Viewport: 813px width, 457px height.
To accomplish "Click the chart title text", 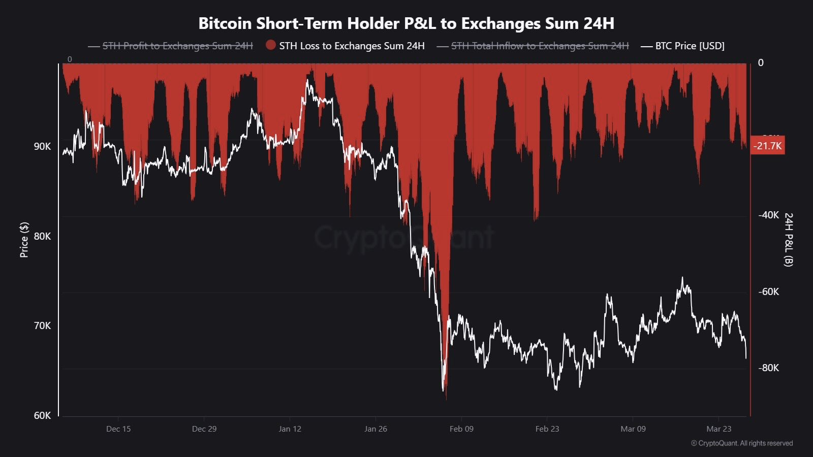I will [x=406, y=23].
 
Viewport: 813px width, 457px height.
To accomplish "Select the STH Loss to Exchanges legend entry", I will [x=352, y=46].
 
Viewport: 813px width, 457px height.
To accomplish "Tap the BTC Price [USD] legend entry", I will [x=690, y=46].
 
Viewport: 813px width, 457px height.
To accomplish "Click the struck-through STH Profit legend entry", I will [x=177, y=46].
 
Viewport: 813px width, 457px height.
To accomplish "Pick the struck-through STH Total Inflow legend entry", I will [x=540, y=46].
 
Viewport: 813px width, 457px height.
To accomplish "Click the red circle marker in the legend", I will [x=271, y=45].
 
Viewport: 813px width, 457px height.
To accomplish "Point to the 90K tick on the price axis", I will [x=43, y=146].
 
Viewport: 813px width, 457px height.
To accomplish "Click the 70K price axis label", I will [x=43, y=325].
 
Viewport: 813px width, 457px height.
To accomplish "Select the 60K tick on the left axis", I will [x=43, y=415].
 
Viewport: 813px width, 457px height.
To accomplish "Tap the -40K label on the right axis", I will [x=768, y=215].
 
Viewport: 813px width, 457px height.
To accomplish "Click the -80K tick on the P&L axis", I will [x=768, y=368].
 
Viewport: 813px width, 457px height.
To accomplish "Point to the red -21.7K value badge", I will [x=768, y=146].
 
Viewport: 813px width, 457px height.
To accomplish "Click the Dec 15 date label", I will [x=118, y=429].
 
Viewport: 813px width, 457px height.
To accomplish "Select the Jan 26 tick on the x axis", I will [x=376, y=429].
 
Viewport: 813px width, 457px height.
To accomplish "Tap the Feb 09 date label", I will [x=461, y=429].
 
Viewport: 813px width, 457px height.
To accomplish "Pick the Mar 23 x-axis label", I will [x=718, y=429].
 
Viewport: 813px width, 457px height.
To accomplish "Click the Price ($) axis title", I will [x=24, y=240].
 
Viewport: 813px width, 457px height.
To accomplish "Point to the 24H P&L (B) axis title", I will [x=789, y=240].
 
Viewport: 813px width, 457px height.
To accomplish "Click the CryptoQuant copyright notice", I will [x=742, y=443].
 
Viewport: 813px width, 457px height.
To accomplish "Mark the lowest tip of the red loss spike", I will [x=446, y=399].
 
